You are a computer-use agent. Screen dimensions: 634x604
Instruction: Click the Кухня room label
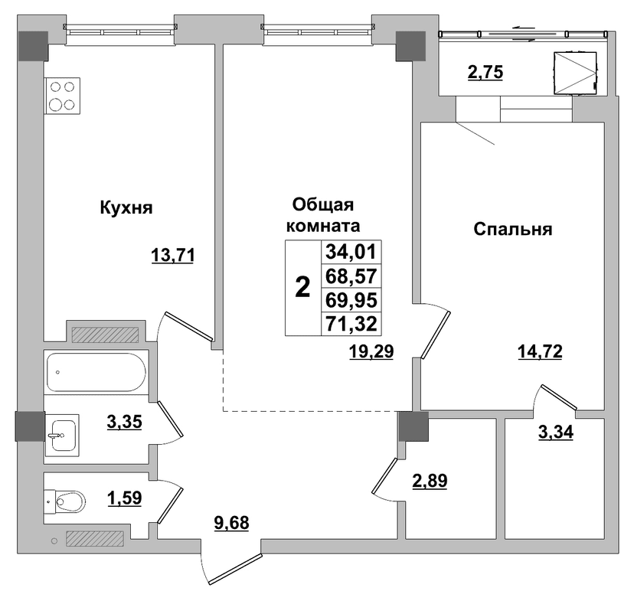pos(126,207)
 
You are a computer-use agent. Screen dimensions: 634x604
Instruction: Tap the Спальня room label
pos(513,229)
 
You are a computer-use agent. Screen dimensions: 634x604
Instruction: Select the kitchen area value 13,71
pos(173,256)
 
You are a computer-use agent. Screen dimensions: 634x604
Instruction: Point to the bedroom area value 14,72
pos(540,351)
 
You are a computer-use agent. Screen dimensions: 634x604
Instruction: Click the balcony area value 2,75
pos(485,73)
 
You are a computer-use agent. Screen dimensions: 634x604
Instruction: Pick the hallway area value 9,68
pos(231,523)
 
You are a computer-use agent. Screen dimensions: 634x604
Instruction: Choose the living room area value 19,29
pos(371,351)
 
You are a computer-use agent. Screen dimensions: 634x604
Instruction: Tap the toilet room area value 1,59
pos(125,498)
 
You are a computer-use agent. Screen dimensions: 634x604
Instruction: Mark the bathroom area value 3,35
pos(125,422)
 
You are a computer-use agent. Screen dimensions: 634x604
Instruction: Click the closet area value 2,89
pos(430,481)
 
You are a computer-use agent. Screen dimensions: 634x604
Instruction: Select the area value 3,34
pos(556,433)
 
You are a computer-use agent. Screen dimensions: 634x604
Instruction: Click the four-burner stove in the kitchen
pos(62,96)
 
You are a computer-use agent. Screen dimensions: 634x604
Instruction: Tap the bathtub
pos(96,372)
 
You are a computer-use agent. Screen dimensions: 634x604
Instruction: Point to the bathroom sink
pos(61,435)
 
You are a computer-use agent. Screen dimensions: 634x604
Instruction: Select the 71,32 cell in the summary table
pos(351,324)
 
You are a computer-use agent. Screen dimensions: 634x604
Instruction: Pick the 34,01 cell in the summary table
pos(351,252)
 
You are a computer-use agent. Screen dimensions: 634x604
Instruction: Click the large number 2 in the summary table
pos(303,288)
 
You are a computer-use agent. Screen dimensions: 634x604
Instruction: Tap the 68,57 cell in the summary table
pos(351,276)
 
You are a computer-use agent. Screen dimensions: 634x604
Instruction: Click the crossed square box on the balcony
pos(575,73)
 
